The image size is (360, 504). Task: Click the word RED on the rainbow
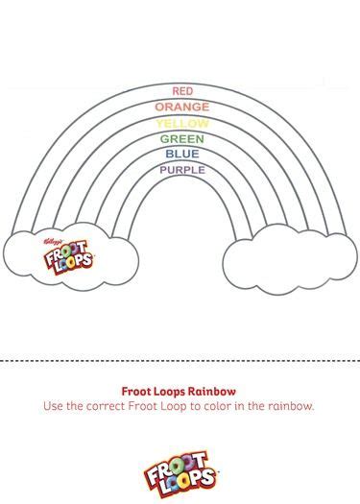click(x=181, y=91)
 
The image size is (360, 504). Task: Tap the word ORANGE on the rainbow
click(x=181, y=107)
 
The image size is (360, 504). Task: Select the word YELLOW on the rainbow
click(x=181, y=123)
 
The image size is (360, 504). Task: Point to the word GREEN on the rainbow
click(x=181, y=138)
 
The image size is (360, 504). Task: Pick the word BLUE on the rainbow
click(x=181, y=154)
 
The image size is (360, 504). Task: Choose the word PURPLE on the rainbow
click(x=181, y=170)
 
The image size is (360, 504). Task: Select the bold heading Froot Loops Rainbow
click(x=180, y=392)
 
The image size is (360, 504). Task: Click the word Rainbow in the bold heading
click(x=212, y=392)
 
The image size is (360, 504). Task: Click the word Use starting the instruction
click(x=54, y=406)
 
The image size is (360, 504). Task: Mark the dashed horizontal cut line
click(x=180, y=361)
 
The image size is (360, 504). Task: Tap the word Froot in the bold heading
click(x=136, y=392)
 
